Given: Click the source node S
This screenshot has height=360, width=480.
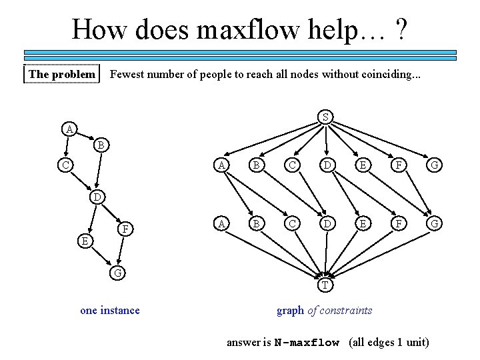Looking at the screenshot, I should [x=325, y=117].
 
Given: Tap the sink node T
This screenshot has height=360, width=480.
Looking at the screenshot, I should [x=325, y=285].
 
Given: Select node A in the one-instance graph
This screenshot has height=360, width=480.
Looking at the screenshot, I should [x=69, y=128].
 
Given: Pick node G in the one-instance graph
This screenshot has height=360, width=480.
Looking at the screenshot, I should [x=117, y=272].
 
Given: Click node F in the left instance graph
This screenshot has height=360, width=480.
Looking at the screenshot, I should [x=125, y=230].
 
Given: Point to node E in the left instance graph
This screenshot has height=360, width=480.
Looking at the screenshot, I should [x=82, y=241].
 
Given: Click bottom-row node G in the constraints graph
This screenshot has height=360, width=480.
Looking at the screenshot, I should [x=434, y=223].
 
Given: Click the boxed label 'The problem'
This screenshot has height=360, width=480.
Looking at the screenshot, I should [x=62, y=74].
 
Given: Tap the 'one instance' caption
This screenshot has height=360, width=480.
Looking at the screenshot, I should [x=110, y=310].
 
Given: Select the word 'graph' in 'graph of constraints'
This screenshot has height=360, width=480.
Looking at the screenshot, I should [x=290, y=310].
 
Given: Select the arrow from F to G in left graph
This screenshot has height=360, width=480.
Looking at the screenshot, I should [x=121, y=251].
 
